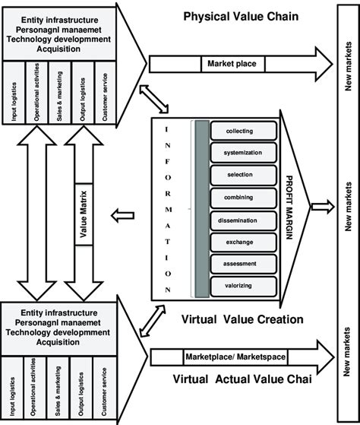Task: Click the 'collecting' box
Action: coord(239,132)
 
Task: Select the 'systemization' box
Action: coord(239,153)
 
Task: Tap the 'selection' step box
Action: coord(239,175)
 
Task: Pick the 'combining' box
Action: coord(239,197)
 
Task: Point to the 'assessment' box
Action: coord(239,263)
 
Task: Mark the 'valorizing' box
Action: coord(239,285)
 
